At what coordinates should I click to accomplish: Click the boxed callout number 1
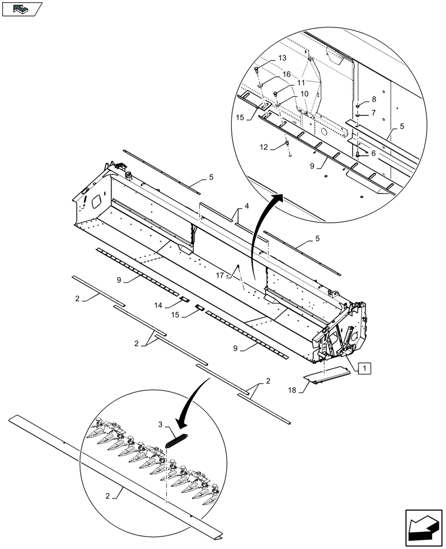pyautogui.click(x=365, y=368)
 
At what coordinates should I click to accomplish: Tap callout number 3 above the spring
pyautogui.click(x=161, y=425)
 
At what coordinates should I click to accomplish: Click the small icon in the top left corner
pyautogui.click(x=21, y=8)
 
